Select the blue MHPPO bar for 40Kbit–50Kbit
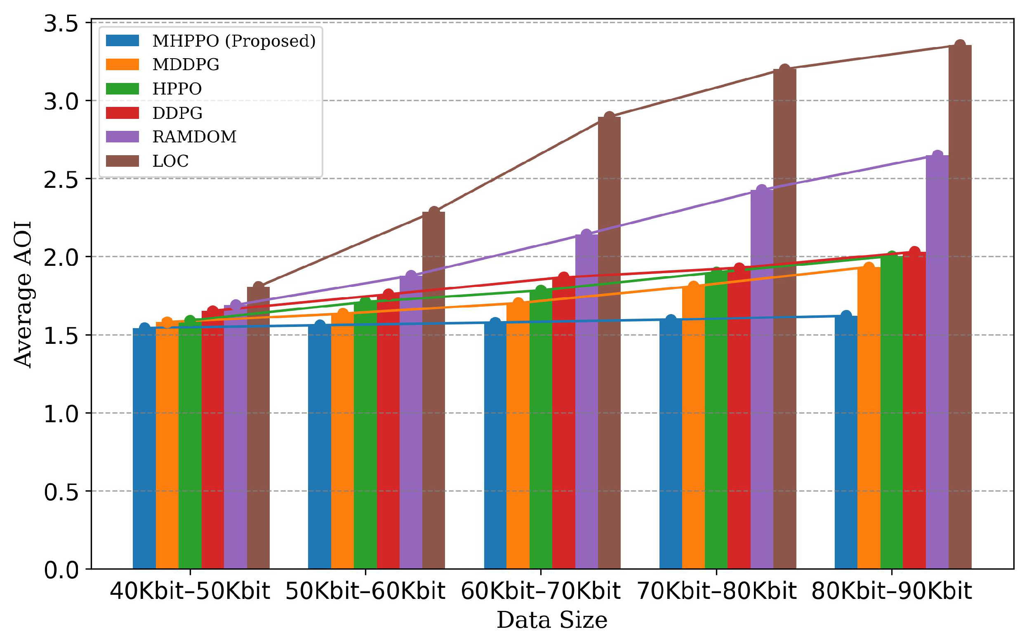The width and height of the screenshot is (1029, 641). (144, 449)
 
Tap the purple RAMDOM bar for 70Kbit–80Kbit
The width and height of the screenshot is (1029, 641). (761, 381)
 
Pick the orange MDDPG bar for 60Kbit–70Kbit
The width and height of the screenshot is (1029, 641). (518, 437)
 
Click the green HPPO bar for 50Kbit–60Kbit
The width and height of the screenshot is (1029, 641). (365, 437)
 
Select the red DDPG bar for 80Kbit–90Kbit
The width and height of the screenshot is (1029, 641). (914, 411)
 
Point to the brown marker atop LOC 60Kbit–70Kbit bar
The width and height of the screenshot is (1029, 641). (609, 116)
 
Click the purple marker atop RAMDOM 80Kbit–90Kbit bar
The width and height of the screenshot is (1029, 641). (937, 156)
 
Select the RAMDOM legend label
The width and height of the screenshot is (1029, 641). (194, 137)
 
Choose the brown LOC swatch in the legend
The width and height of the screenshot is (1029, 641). (122, 161)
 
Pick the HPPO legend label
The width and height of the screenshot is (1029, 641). (177, 89)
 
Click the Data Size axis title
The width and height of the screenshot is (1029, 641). (551, 620)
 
